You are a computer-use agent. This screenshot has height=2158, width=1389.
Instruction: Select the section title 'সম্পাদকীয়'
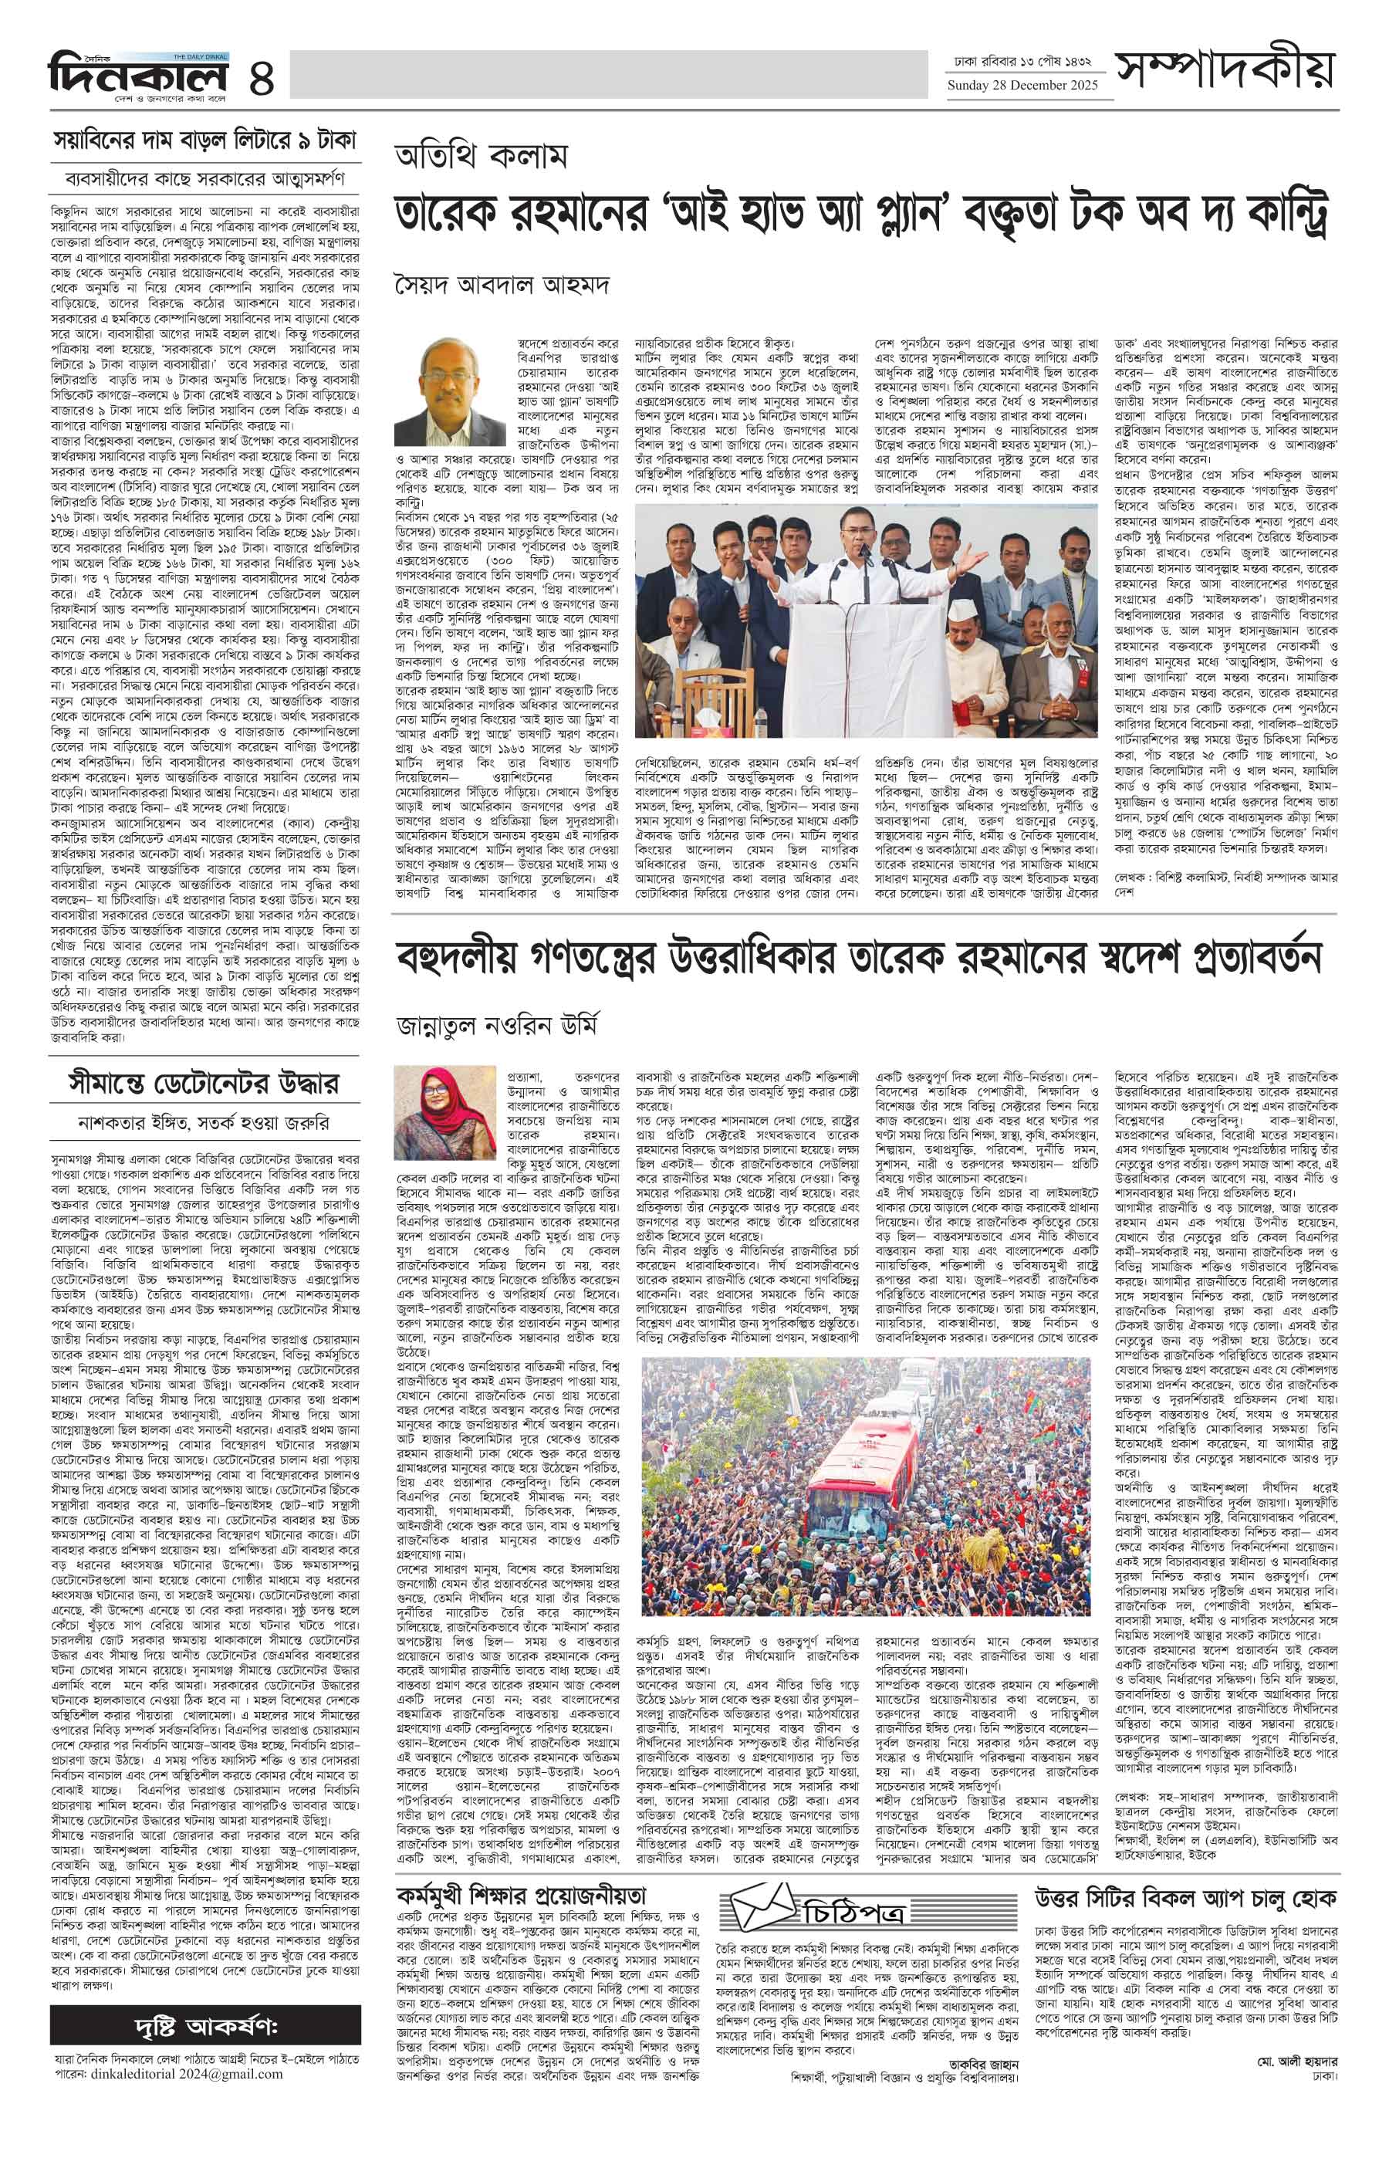click(1224, 69)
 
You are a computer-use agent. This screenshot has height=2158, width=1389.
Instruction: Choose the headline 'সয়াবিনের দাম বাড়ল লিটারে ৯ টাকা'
click(205, 140)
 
